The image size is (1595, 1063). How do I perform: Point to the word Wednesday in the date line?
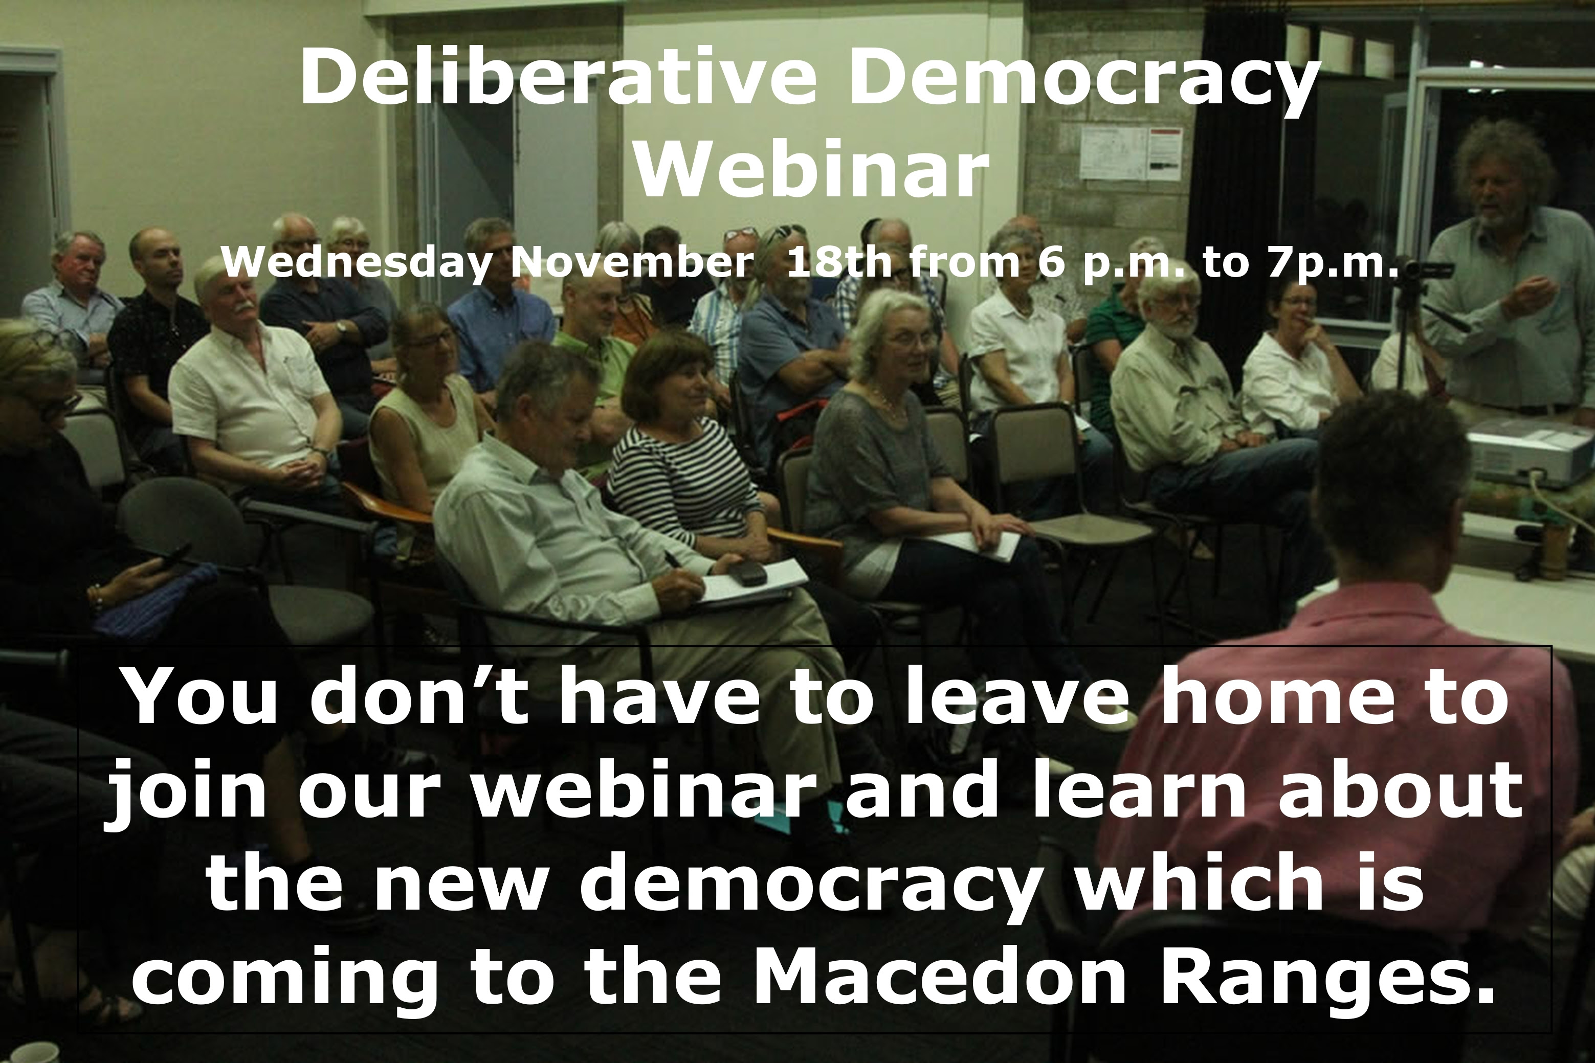[x=357, y=263]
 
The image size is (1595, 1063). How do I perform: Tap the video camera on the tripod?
[x=1428, y=271]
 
